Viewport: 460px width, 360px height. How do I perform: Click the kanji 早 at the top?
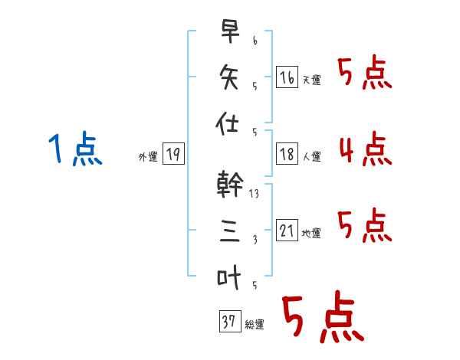(x=230, y=31)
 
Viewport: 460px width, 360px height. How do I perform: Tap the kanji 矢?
(x=229, y=77)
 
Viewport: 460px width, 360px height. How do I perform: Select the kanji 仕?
(x=227, y=123)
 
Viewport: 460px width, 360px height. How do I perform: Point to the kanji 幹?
(x=230, y=184)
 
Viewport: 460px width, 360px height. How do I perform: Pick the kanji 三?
(x=230, y=231)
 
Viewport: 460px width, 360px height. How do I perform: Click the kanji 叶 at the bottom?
(x=228, y=277)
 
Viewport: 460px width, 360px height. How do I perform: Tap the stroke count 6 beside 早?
(x=255, y=41)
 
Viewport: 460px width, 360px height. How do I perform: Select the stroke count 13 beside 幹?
(x=254, y=194)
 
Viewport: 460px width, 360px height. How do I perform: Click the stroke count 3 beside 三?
(x=255, y=240)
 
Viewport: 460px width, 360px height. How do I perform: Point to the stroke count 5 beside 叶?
(x=255, y=285)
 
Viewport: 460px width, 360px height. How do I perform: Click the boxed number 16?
(x=287, y=77)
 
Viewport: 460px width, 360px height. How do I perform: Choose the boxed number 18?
(x=287, y=154)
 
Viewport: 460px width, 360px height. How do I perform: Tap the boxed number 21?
(x=287, y=230)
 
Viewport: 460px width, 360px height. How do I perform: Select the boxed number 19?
(x=173, y=154)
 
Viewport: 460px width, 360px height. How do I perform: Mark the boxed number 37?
(x=230, y=321)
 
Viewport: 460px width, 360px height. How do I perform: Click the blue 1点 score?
(x=75, y=149)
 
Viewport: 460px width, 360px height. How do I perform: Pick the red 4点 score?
(x=366, y=149)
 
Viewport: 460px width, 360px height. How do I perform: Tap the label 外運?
(x=148, y=157)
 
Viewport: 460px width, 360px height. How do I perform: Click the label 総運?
(x=255, y=325)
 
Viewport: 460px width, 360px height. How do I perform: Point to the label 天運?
(x=312, y=80)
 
